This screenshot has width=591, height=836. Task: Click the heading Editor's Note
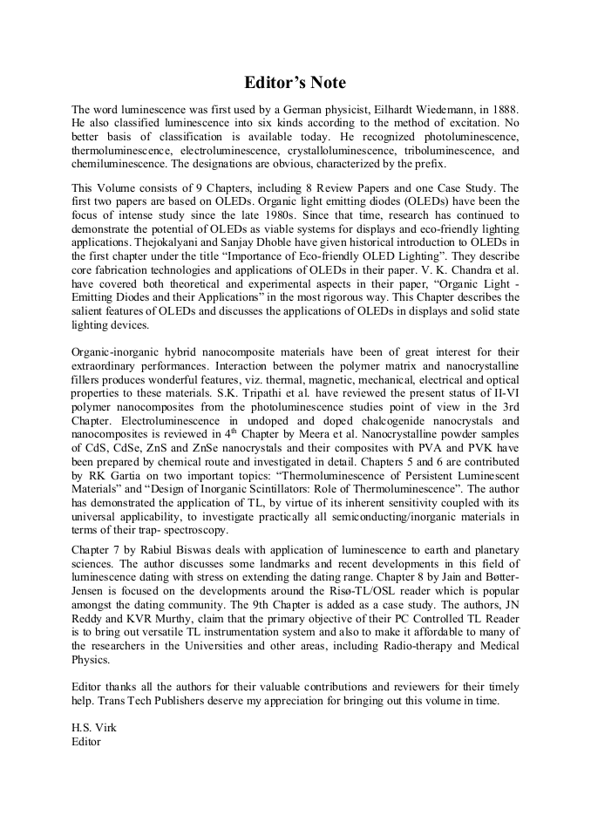pos(295,83)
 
